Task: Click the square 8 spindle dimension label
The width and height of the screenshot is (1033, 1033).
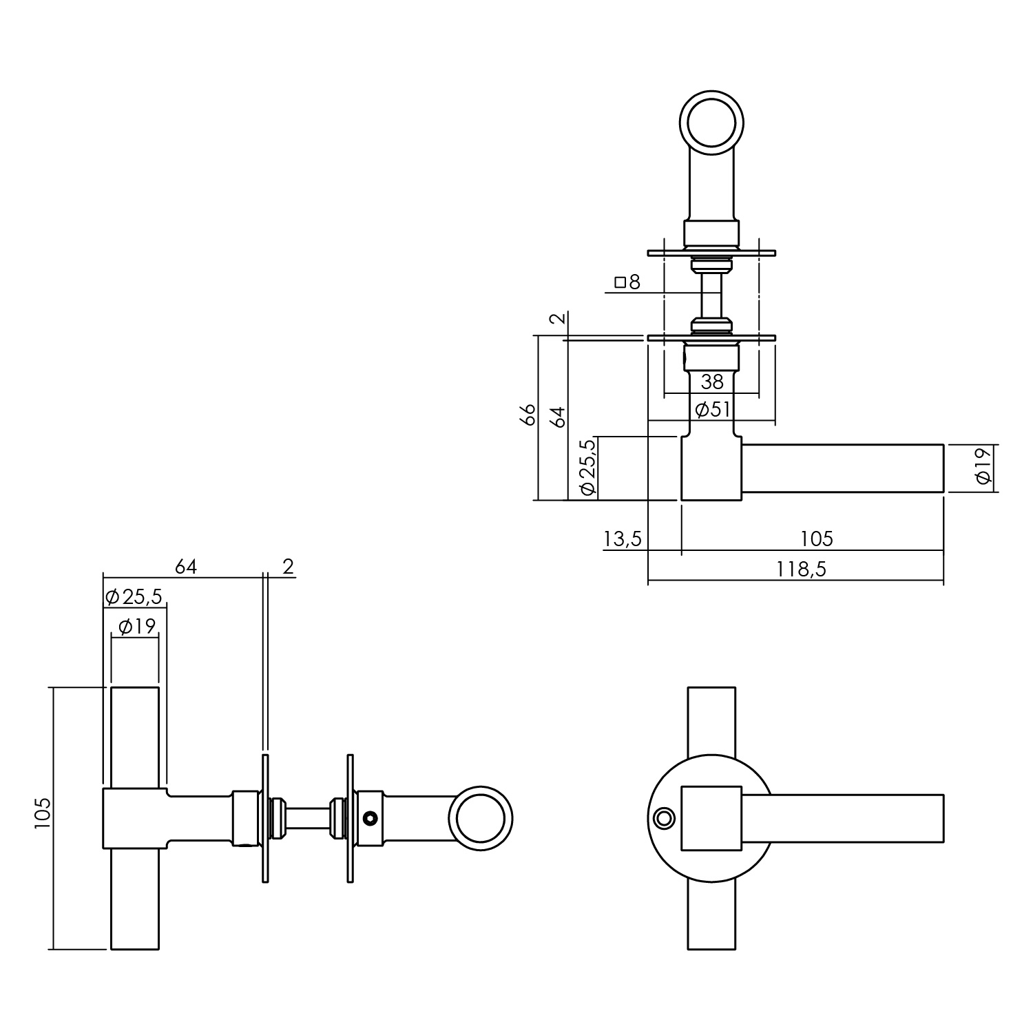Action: coord(627,282)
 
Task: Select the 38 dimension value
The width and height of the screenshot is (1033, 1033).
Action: coord(712,382)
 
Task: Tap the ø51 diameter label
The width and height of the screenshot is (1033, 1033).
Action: coord(712,410)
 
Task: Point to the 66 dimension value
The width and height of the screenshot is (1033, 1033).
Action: coord(528,416)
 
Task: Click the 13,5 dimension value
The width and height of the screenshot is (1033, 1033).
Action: coord(623,539)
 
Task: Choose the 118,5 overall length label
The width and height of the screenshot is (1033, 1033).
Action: coord(802,570)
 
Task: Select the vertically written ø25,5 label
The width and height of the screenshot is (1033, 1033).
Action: coord(587,468)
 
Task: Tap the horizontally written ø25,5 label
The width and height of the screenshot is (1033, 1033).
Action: coord(134,596)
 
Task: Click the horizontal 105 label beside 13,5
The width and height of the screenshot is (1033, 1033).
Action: coord(817,539)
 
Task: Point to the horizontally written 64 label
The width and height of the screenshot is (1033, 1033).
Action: coord(186,567)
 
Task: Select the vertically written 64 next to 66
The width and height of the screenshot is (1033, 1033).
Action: coord(559,416)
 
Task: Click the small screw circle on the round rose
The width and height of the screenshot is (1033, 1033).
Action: coord(664,818)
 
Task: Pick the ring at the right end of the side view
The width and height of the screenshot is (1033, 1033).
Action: coord(481,818)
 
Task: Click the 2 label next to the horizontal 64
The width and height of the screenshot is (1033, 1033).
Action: coord(289,567)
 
